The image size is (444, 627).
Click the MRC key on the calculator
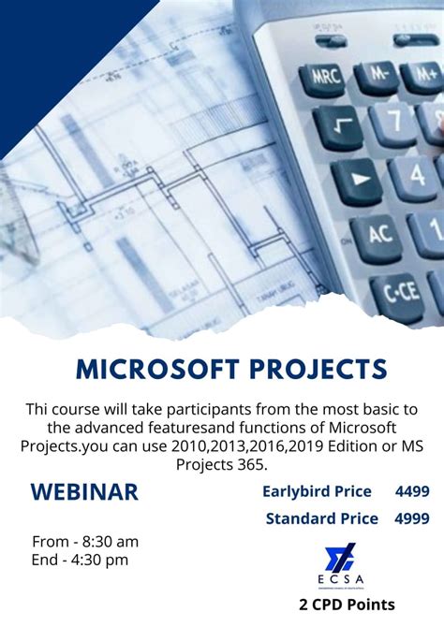pos(326,77)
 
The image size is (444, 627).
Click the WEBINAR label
pos(84,492)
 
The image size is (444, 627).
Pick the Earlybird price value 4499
pos(412,491)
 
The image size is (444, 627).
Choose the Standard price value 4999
pos(412,518)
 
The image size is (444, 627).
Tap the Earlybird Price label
pos(317,491)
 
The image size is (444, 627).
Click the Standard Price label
pos(321,518)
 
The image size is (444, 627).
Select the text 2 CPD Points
pos(347,605)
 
